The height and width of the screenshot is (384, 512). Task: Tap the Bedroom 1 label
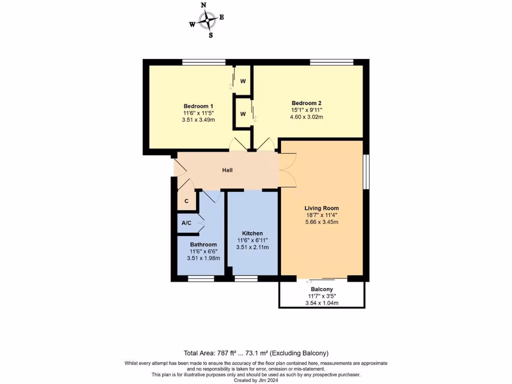pos(198,106)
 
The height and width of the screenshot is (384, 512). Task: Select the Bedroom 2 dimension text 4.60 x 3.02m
pos(306,117)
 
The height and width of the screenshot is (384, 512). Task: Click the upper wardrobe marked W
pos(242,81)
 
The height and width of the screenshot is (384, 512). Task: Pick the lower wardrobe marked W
pos(242,114)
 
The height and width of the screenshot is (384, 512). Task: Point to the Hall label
pos(227,170)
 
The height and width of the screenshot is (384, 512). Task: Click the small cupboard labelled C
pos(186,201)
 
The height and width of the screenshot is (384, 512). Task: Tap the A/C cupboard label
pos(186,223)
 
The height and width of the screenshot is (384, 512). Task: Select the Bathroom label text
pos(203,244)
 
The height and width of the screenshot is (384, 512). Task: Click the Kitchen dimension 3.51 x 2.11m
pos(252,247)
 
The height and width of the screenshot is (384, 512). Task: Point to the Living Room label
pos(322,208)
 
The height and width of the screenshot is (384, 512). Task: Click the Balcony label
pos(322,289)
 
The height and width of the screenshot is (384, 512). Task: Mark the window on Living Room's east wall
pos(366,171)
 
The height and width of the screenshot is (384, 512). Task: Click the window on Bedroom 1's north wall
pos(203,62)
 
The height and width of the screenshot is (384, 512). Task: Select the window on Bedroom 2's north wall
pos(331,62)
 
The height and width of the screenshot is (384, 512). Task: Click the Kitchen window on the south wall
pos(246,279)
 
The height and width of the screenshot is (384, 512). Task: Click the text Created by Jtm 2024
pos(255,380)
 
